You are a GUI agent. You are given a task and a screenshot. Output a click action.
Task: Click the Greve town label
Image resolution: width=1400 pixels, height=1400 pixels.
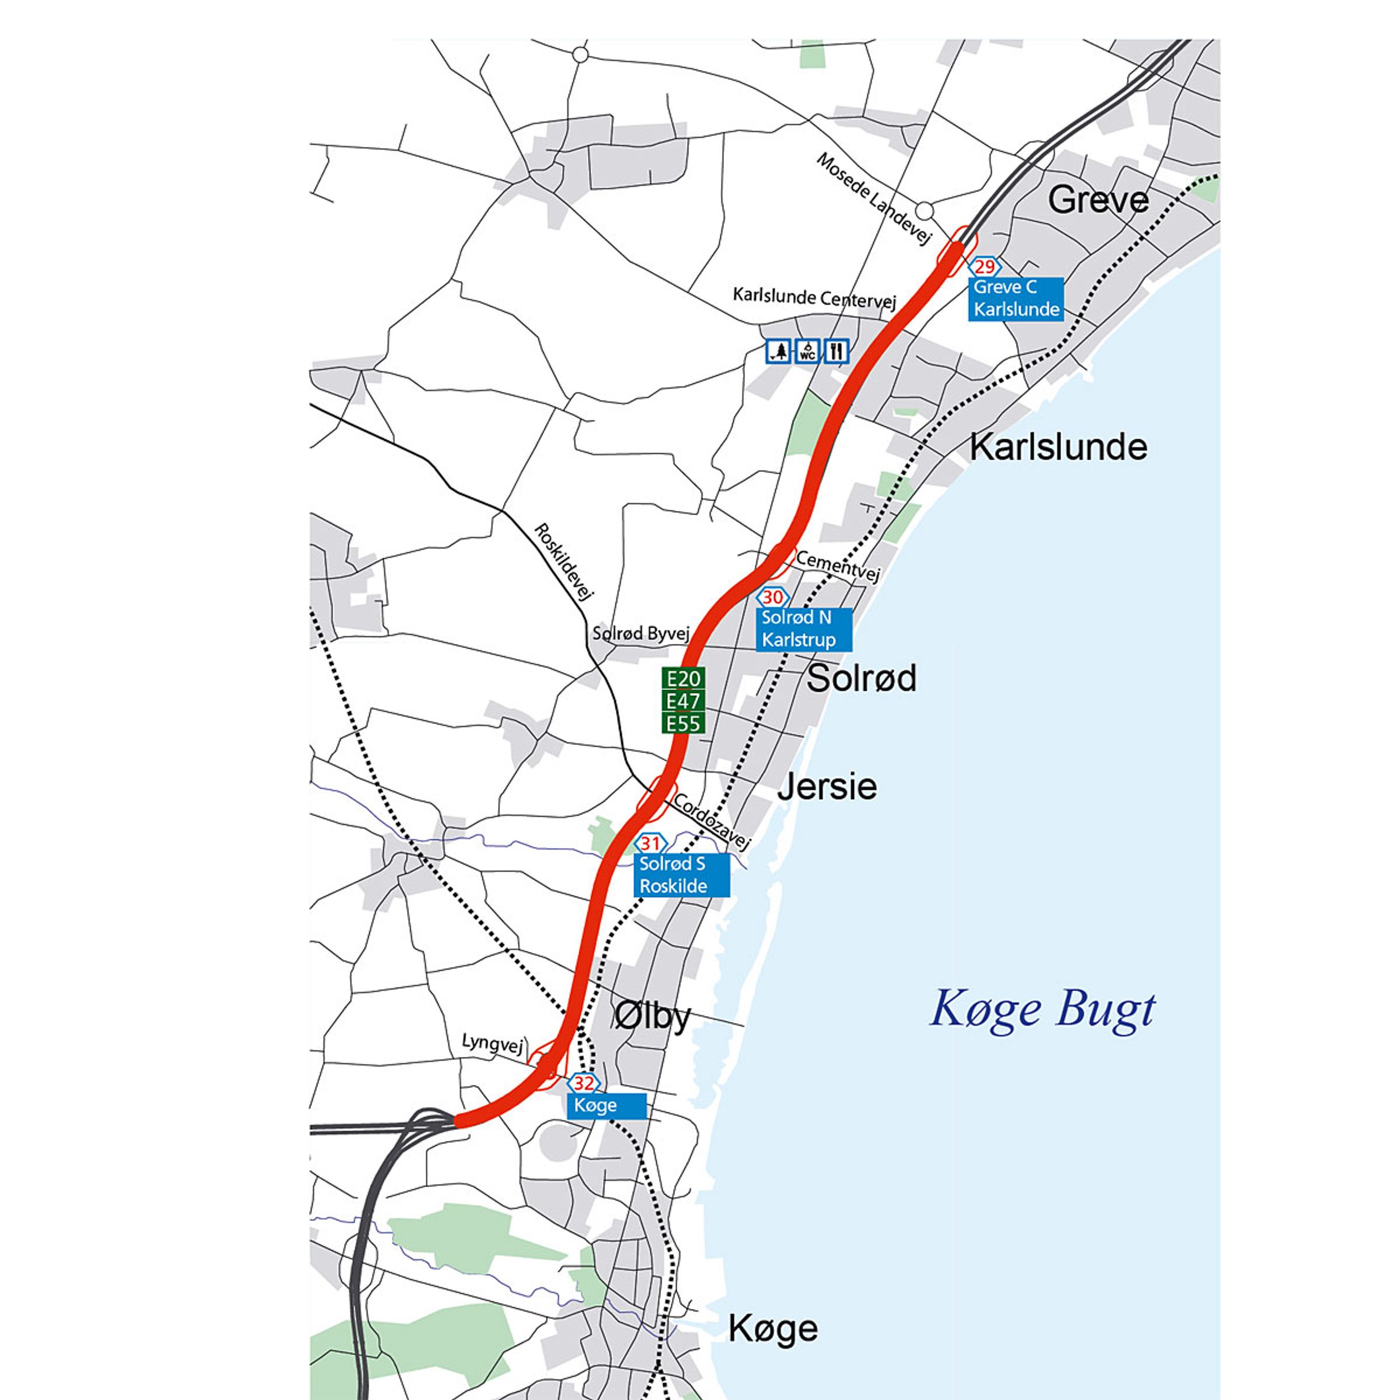click(x=1098, y=200)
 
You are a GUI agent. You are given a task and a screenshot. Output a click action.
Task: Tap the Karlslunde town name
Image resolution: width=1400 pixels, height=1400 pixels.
click(x=1058, y=447)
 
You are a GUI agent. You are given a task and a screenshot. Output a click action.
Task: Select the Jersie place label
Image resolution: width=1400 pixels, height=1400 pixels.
click(x=827, y=787)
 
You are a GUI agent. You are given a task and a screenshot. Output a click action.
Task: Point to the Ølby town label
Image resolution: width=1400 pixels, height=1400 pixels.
click(x=652, y=1017)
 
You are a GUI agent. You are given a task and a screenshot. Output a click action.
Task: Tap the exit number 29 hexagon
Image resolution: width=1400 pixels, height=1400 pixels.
click(x=984, y=267)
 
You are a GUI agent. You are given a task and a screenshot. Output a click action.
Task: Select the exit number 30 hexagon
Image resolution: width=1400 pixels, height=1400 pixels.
click(x=773, y=597)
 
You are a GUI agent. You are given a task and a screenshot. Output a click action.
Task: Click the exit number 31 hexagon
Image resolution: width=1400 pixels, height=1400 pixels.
click(x=650, y=843)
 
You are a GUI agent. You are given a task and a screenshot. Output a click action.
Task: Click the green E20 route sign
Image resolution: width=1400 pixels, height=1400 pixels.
click(x=683, y=679)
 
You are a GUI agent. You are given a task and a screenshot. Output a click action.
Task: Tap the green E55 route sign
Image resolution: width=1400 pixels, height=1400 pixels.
click(x=683, y=723)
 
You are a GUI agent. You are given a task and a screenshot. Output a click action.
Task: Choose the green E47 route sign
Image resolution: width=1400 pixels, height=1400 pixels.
click(x=683, y=701)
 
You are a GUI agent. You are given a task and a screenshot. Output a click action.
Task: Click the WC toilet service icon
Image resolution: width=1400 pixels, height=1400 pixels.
click(x=807, y=352)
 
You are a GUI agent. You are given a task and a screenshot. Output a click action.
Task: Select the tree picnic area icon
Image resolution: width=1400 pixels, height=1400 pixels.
click(x=779, y=352)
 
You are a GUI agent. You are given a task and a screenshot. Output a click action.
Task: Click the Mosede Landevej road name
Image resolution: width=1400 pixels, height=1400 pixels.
click(x=873, y=198)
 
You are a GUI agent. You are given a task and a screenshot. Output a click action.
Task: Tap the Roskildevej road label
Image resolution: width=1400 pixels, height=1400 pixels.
click(x=564, y=561)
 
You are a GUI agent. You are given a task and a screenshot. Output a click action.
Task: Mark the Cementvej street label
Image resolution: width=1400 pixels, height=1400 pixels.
click(x=838, y=565)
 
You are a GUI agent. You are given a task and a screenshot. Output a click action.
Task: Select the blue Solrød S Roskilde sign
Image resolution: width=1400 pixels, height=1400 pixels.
click(x=681, y=874)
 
